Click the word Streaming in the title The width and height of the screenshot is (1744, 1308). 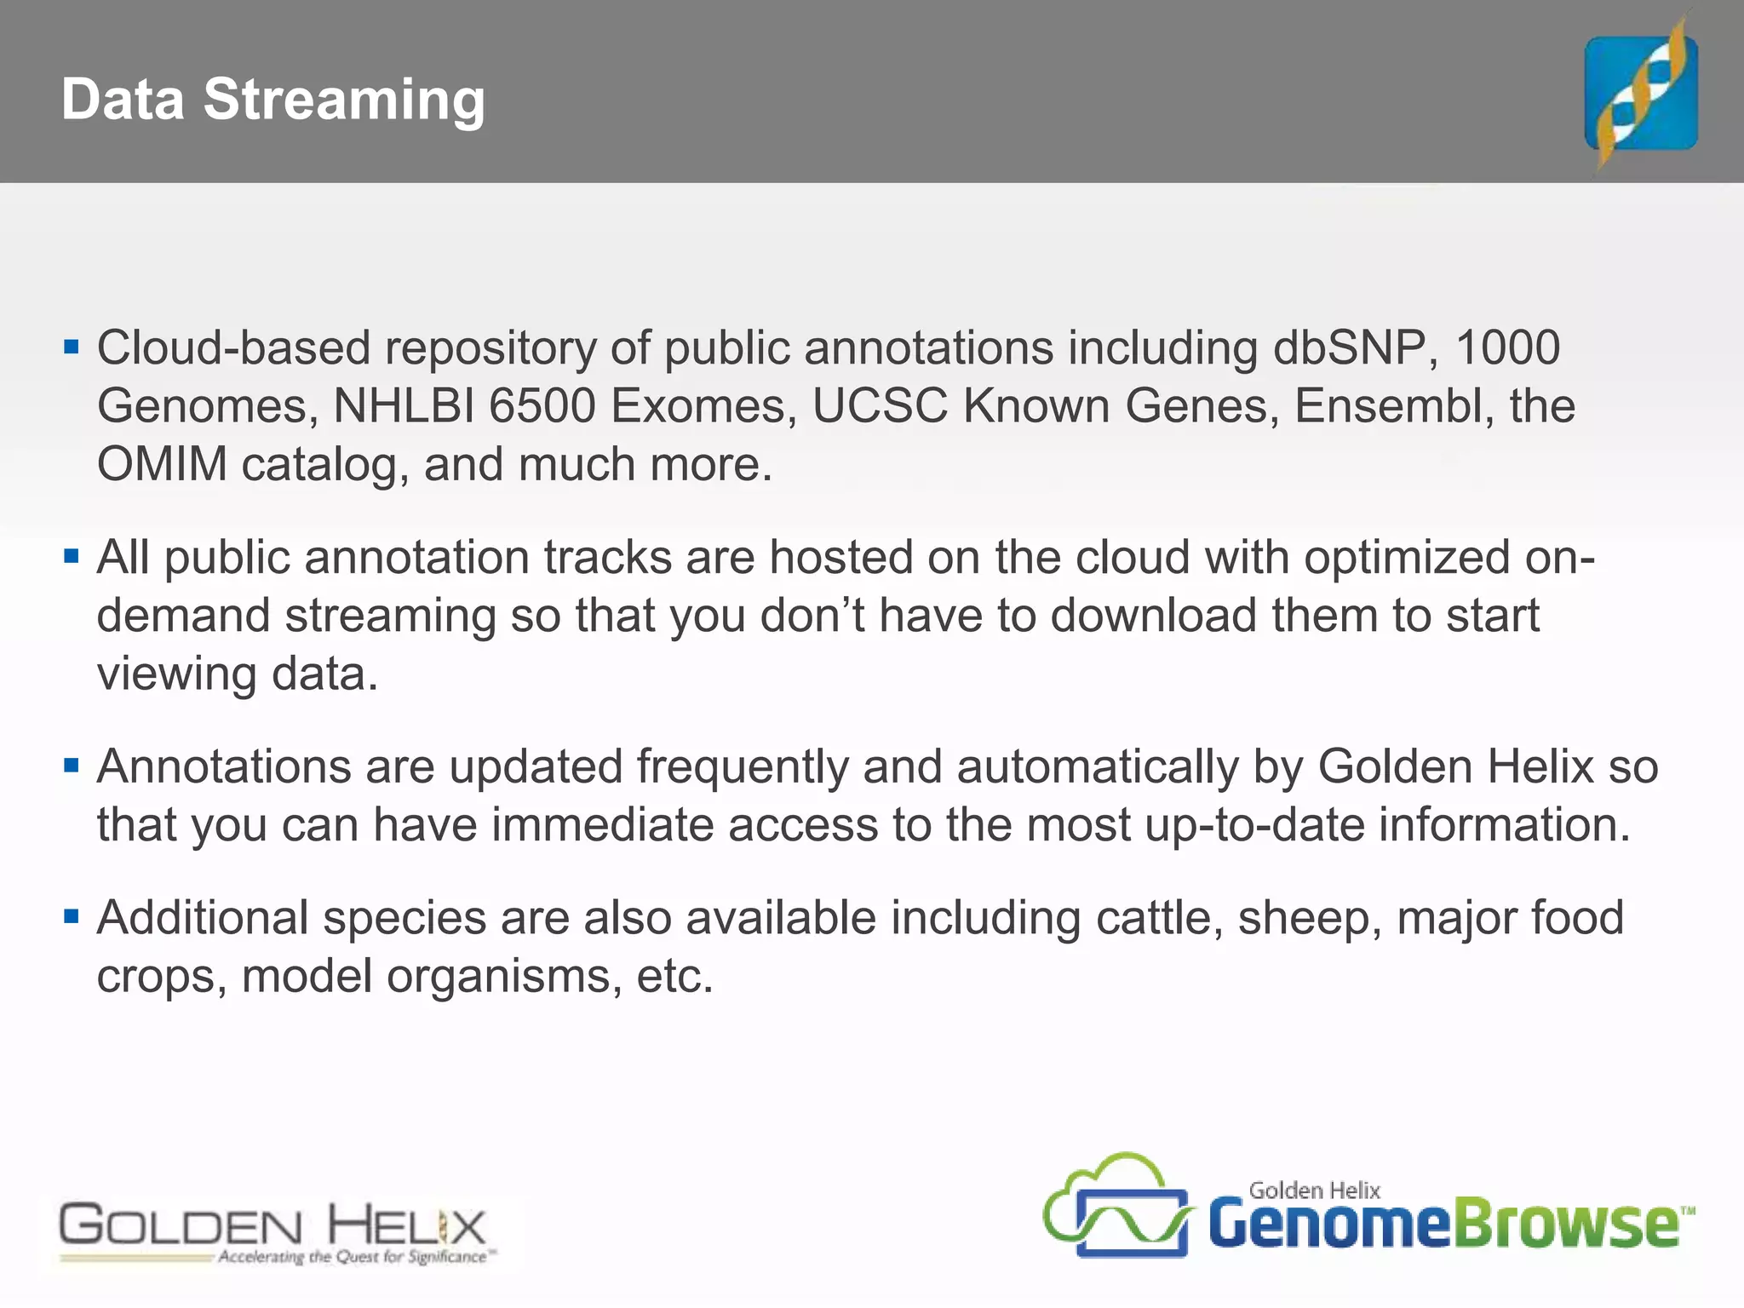pos(344,100)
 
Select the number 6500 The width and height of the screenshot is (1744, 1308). pos(542,406)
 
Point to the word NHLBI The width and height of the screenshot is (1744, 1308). pos(404,406)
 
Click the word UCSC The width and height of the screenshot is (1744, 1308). pos(879,406)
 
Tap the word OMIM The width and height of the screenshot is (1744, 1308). pos(162,465)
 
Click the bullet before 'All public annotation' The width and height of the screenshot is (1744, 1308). pos(72,558)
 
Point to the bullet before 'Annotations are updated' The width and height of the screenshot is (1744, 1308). pos(72,766)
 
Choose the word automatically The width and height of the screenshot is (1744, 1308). pos(1097,766)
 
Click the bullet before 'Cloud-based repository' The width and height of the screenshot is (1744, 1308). pos(72,347)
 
